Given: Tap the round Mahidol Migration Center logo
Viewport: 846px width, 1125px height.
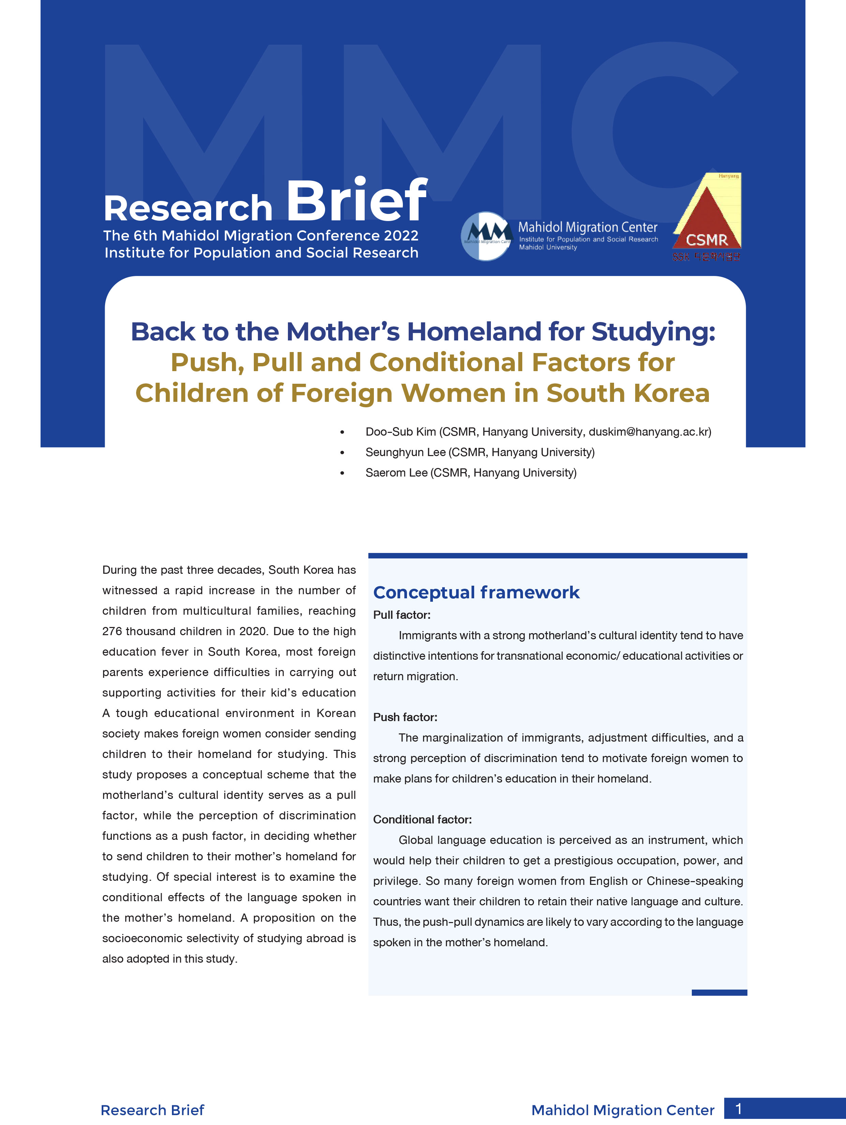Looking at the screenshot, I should pos(486,236).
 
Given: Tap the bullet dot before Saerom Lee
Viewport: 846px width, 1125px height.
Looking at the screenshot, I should pos(342,473).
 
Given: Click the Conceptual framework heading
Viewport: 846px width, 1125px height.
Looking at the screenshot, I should pos(476,593).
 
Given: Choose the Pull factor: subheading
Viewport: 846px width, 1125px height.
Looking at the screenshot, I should pos(402,615).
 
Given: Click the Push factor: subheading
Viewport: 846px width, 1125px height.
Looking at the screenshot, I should pos(405,717).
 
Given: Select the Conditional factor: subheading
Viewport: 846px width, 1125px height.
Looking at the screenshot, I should pos(422,819).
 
